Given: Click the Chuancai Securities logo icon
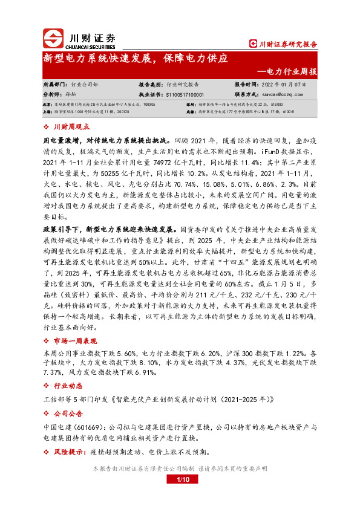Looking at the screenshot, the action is coord(53,38).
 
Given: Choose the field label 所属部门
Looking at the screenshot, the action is coord(55,84).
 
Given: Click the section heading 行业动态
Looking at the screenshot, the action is coord(67,385).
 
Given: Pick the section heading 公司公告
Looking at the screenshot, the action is coord(67,413).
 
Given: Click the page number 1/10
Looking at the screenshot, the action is coord(183,480).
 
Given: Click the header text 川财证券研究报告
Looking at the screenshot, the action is coord(287,44).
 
